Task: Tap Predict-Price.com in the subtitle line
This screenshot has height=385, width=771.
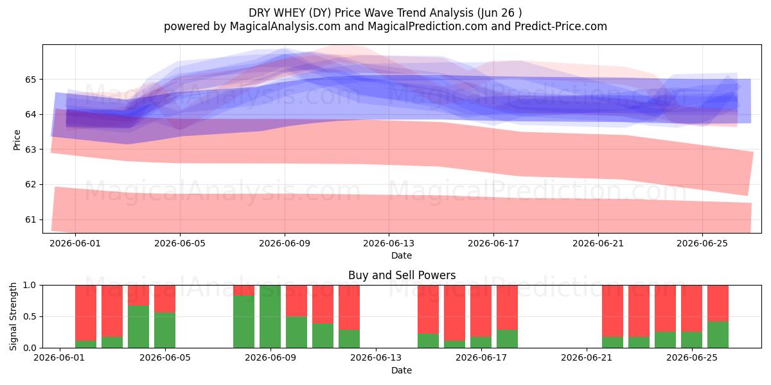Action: pyautogui.click(x=561, y=26)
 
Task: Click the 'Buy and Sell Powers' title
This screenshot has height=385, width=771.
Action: pyautogui.click(x=402, y=275)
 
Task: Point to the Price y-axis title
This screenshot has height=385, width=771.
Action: pyautogui.click(x=17, y=140)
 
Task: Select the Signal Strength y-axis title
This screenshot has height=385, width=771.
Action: pyautogui.click(x=13, y=316)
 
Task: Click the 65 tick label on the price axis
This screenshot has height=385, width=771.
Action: pyautogui.click(x=30, y=80)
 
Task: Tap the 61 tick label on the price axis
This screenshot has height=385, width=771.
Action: pyautogui.click(x=30, y=219)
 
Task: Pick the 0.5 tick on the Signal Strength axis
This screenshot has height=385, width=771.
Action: pyautogui.click(x=30, y=316)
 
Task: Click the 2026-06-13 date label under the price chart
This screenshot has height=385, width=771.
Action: pyautogui.click(x=389, y=243)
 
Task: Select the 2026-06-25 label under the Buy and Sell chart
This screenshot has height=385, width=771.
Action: pyautogui.click(x=692, y=357)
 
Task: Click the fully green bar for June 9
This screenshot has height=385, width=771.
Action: pyautogui.click(x=270, y=316)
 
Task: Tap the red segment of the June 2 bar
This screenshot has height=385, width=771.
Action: pyautogui.click(x=85, y=313)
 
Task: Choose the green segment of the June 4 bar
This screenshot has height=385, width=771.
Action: pyautogui.click(x=138, y=327)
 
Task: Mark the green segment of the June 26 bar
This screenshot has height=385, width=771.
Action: pyautogui.click(x=718, y=334)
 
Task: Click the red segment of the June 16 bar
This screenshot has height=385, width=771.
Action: pyautogui.click(x=454, y=313)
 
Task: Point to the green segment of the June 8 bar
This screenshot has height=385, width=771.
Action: pyautogui.click(x=244, y=321)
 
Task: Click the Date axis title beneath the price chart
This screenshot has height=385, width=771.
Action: pyautogui.click(x=402, y=255)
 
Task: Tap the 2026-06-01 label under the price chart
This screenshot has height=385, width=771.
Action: pyautogui.click(x=75, y=243)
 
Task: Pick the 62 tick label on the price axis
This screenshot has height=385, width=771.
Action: pyautogui.click(x=30, y=184)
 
